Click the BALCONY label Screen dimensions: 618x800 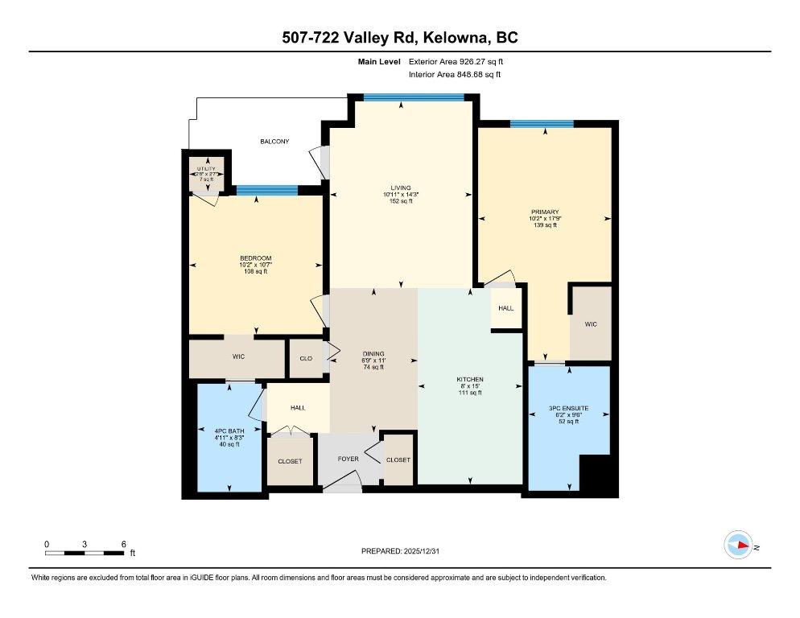(x=274, y=142)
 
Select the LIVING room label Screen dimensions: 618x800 (x=400, y=187)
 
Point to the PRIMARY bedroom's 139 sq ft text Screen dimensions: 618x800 (x=544, y=225)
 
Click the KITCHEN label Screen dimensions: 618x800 (x=469, y=379)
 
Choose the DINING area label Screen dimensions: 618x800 (x=373, y=353)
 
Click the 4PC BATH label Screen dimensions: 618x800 (x=229, y=431)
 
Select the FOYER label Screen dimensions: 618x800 (x=348, y=459)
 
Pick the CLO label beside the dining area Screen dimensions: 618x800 (x=306, y=359)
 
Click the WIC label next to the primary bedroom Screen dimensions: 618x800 (x=590, y=324)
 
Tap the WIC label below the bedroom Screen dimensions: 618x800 (x=237, y=356)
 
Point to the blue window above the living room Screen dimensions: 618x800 (x=414, y=97)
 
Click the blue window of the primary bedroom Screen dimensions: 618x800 (x=542, y=124)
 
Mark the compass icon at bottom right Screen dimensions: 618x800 (x=737, y=545)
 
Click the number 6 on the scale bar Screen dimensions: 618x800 (x=123, y=544)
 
